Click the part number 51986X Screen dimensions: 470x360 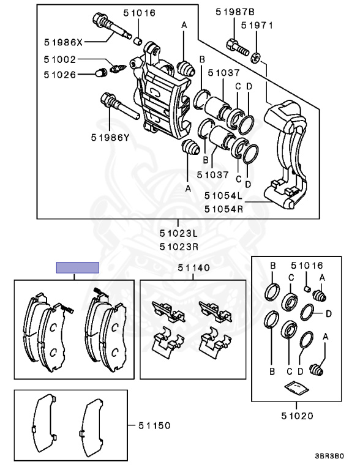click(x=64, y=42)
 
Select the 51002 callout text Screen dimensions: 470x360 click(x=61, y=61)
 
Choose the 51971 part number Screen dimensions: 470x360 click(x=256, y=26)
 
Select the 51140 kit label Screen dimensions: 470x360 click(x=193, y=267)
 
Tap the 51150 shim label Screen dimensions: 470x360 click(x=154, y=425)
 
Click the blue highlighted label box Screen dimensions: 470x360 click(x=77, y=267)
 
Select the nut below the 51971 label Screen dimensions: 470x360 click(x=257, y=58)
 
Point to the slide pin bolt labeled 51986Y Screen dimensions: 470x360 click(x=117, y=107)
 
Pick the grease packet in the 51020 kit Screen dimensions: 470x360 click(x=297, y=388)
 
